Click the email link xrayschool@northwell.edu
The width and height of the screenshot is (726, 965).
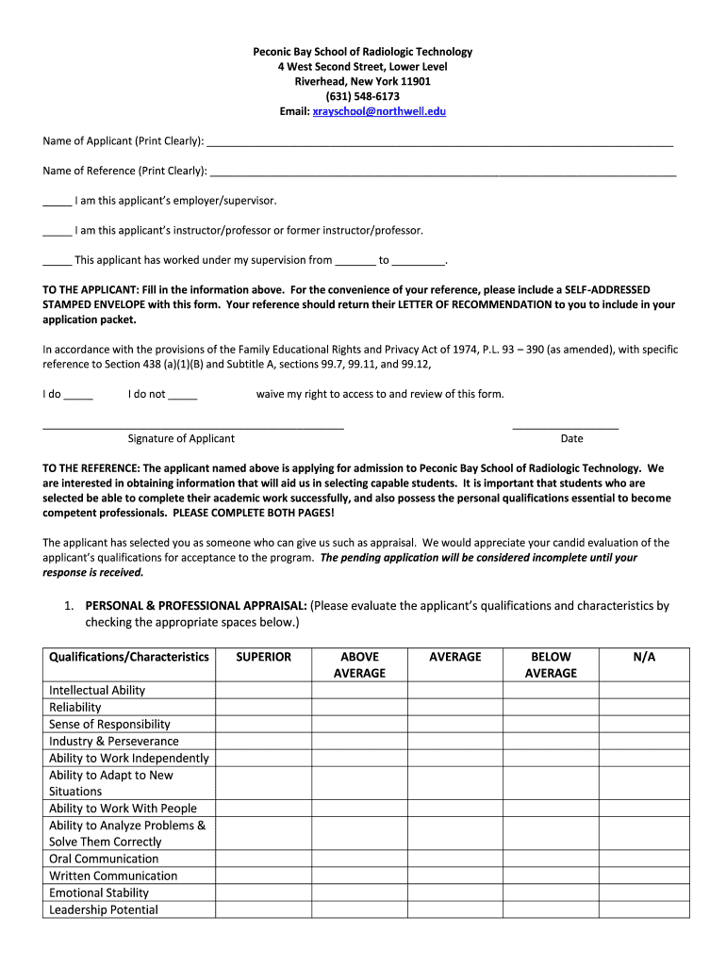[379, 111]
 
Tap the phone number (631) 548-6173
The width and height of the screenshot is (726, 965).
[362, 96]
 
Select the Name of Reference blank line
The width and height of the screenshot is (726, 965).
[443, 172]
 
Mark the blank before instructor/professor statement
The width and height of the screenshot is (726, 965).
[57, 232]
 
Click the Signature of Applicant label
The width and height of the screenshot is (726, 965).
[181, 438]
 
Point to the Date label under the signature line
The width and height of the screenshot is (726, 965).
[571, 438]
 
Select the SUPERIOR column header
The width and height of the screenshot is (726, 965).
[263, 657]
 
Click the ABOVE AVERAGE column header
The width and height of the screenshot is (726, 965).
[359, 664]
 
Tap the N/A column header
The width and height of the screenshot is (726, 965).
[644, 657]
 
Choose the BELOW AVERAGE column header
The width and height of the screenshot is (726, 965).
[551, 664]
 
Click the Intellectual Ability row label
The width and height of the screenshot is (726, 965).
[97, 691]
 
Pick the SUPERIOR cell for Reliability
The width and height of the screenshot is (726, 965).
[263, 708]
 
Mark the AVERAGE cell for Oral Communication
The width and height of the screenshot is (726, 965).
[454, 859]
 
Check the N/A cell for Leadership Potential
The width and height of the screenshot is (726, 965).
[644, 909]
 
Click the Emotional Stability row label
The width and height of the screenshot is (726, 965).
[99, 892]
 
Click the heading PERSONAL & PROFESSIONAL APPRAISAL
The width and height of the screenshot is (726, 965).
[195, 606]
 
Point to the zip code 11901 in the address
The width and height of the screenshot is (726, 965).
[415, 81]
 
